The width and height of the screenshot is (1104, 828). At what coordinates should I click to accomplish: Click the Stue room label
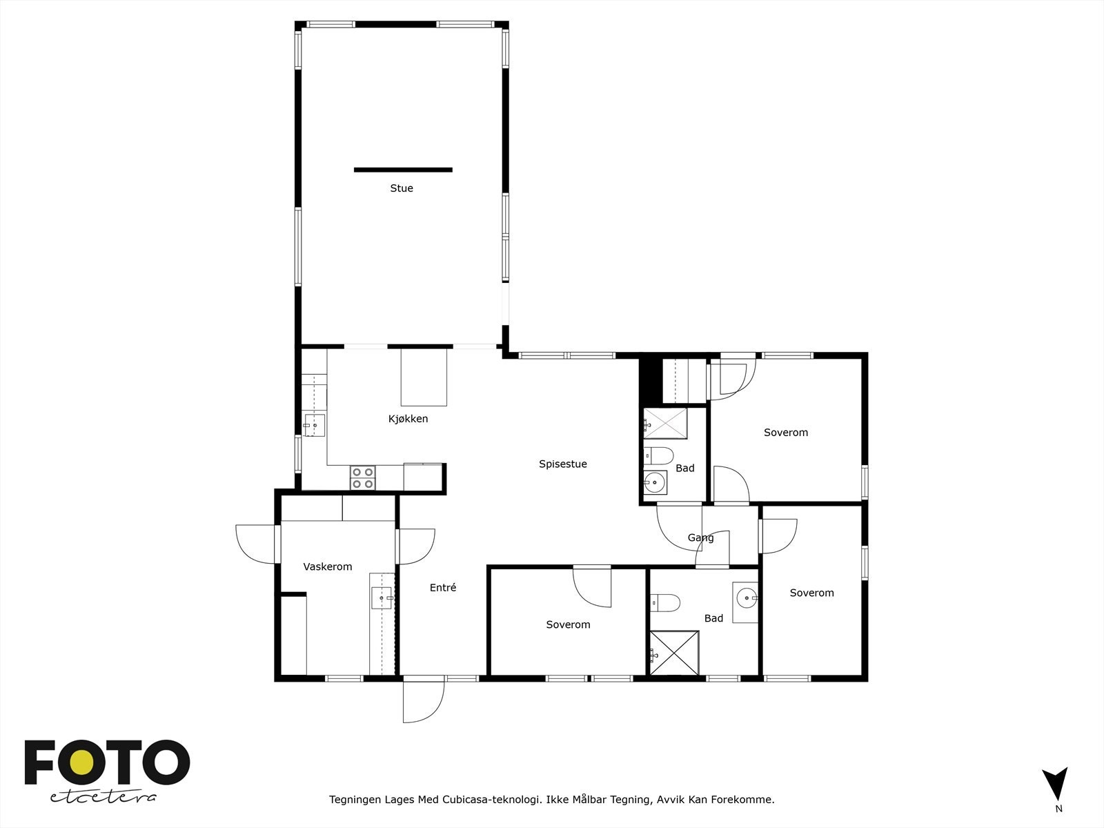pos(402,188)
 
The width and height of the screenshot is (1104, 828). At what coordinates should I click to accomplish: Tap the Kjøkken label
pos(408,419)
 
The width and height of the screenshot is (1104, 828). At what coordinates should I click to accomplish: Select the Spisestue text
pos(563,464)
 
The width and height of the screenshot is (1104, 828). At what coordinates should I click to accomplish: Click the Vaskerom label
pos(328,567)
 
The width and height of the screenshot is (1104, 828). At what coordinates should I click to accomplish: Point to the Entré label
pos(443,588)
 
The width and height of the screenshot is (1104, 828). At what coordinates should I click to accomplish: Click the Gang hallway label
pos(700,538)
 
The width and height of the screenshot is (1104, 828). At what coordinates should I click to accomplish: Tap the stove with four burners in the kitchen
pos(363,477)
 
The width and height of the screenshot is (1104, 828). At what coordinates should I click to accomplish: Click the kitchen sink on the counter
pos(315,425)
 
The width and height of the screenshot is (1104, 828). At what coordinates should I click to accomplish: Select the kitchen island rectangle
pos(424,377)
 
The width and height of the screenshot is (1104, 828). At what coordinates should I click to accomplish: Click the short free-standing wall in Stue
pos(403,170)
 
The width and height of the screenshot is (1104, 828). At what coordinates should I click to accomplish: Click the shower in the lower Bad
pos(675,653)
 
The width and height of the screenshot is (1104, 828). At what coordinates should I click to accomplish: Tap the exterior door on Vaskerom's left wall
pos(257,544)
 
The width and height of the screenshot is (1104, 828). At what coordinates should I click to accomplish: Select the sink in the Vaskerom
pos(381,598)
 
